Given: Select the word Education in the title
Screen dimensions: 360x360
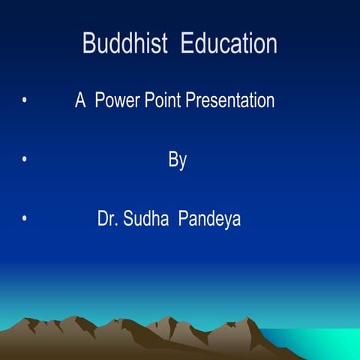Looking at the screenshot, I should [x=229, y=43].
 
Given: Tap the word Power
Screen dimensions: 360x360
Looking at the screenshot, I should [x=121, y=100].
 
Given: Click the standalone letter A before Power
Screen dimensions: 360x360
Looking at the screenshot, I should [x=80, y=100].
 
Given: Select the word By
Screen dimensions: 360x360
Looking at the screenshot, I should [x=178, y=160].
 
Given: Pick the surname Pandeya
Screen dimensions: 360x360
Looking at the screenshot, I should [x=209, y=220].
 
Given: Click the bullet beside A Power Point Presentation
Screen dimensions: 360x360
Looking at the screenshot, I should [x=25, y=100].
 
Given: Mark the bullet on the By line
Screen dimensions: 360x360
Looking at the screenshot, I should [x=25, y=160].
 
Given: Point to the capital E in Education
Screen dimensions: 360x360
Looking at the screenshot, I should [x=188, y=43].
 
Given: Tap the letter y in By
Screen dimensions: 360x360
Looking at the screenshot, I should [x=183, y=163].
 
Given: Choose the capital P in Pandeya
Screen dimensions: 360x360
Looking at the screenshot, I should [x=183, y=220].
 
